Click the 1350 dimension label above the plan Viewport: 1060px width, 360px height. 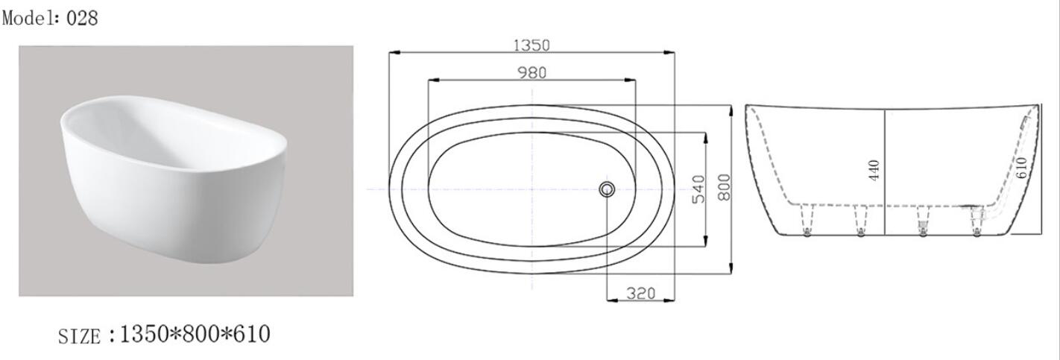coord(531,45)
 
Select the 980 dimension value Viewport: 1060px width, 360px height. coord(532,73)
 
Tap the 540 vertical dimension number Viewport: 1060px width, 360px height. coord(698,189)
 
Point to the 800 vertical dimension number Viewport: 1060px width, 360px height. coord(724,187)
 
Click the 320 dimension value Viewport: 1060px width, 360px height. coord(641,294)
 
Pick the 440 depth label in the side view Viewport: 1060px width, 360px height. coord(874,170)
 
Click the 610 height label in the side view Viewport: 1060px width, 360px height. coord(1021,168)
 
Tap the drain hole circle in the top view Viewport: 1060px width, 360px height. coord(607,189)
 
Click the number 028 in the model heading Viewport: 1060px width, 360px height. coord(82,18)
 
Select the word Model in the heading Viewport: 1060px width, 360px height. coord(28,18)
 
